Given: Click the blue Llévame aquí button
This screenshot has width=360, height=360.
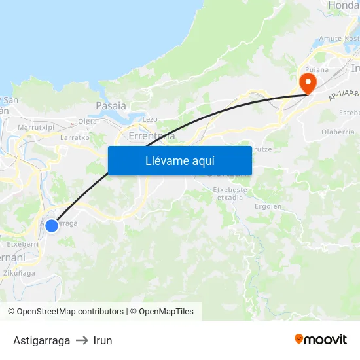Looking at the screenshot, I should coord(179,160).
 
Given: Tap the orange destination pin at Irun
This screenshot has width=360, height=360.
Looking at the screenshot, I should coord(306,82).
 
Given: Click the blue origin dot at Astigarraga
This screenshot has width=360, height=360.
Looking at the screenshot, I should coord(52,225).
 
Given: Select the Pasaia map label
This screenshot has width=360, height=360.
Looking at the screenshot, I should coord(111,105).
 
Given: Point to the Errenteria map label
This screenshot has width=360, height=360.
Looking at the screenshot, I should coord(152,136).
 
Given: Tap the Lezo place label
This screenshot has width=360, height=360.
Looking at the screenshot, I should coord(150,119).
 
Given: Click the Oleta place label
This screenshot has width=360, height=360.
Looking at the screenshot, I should coord(87,121).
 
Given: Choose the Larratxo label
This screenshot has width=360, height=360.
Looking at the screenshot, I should coord(74,138).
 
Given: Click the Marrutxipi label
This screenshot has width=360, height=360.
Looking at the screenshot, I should coord(35,127).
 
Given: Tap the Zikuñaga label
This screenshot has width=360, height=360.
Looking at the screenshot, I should coord(19,273).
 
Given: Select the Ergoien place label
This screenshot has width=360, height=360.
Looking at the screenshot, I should coord(268,206).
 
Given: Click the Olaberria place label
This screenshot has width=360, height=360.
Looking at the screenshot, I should coord(338,132).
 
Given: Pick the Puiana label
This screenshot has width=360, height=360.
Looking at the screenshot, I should coord(317,69).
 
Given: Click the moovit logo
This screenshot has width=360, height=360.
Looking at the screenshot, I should coord(321,340).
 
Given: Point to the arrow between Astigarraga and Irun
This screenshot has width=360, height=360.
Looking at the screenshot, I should coord(82,340).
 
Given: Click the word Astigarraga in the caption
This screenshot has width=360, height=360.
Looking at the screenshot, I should coord(41,340).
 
